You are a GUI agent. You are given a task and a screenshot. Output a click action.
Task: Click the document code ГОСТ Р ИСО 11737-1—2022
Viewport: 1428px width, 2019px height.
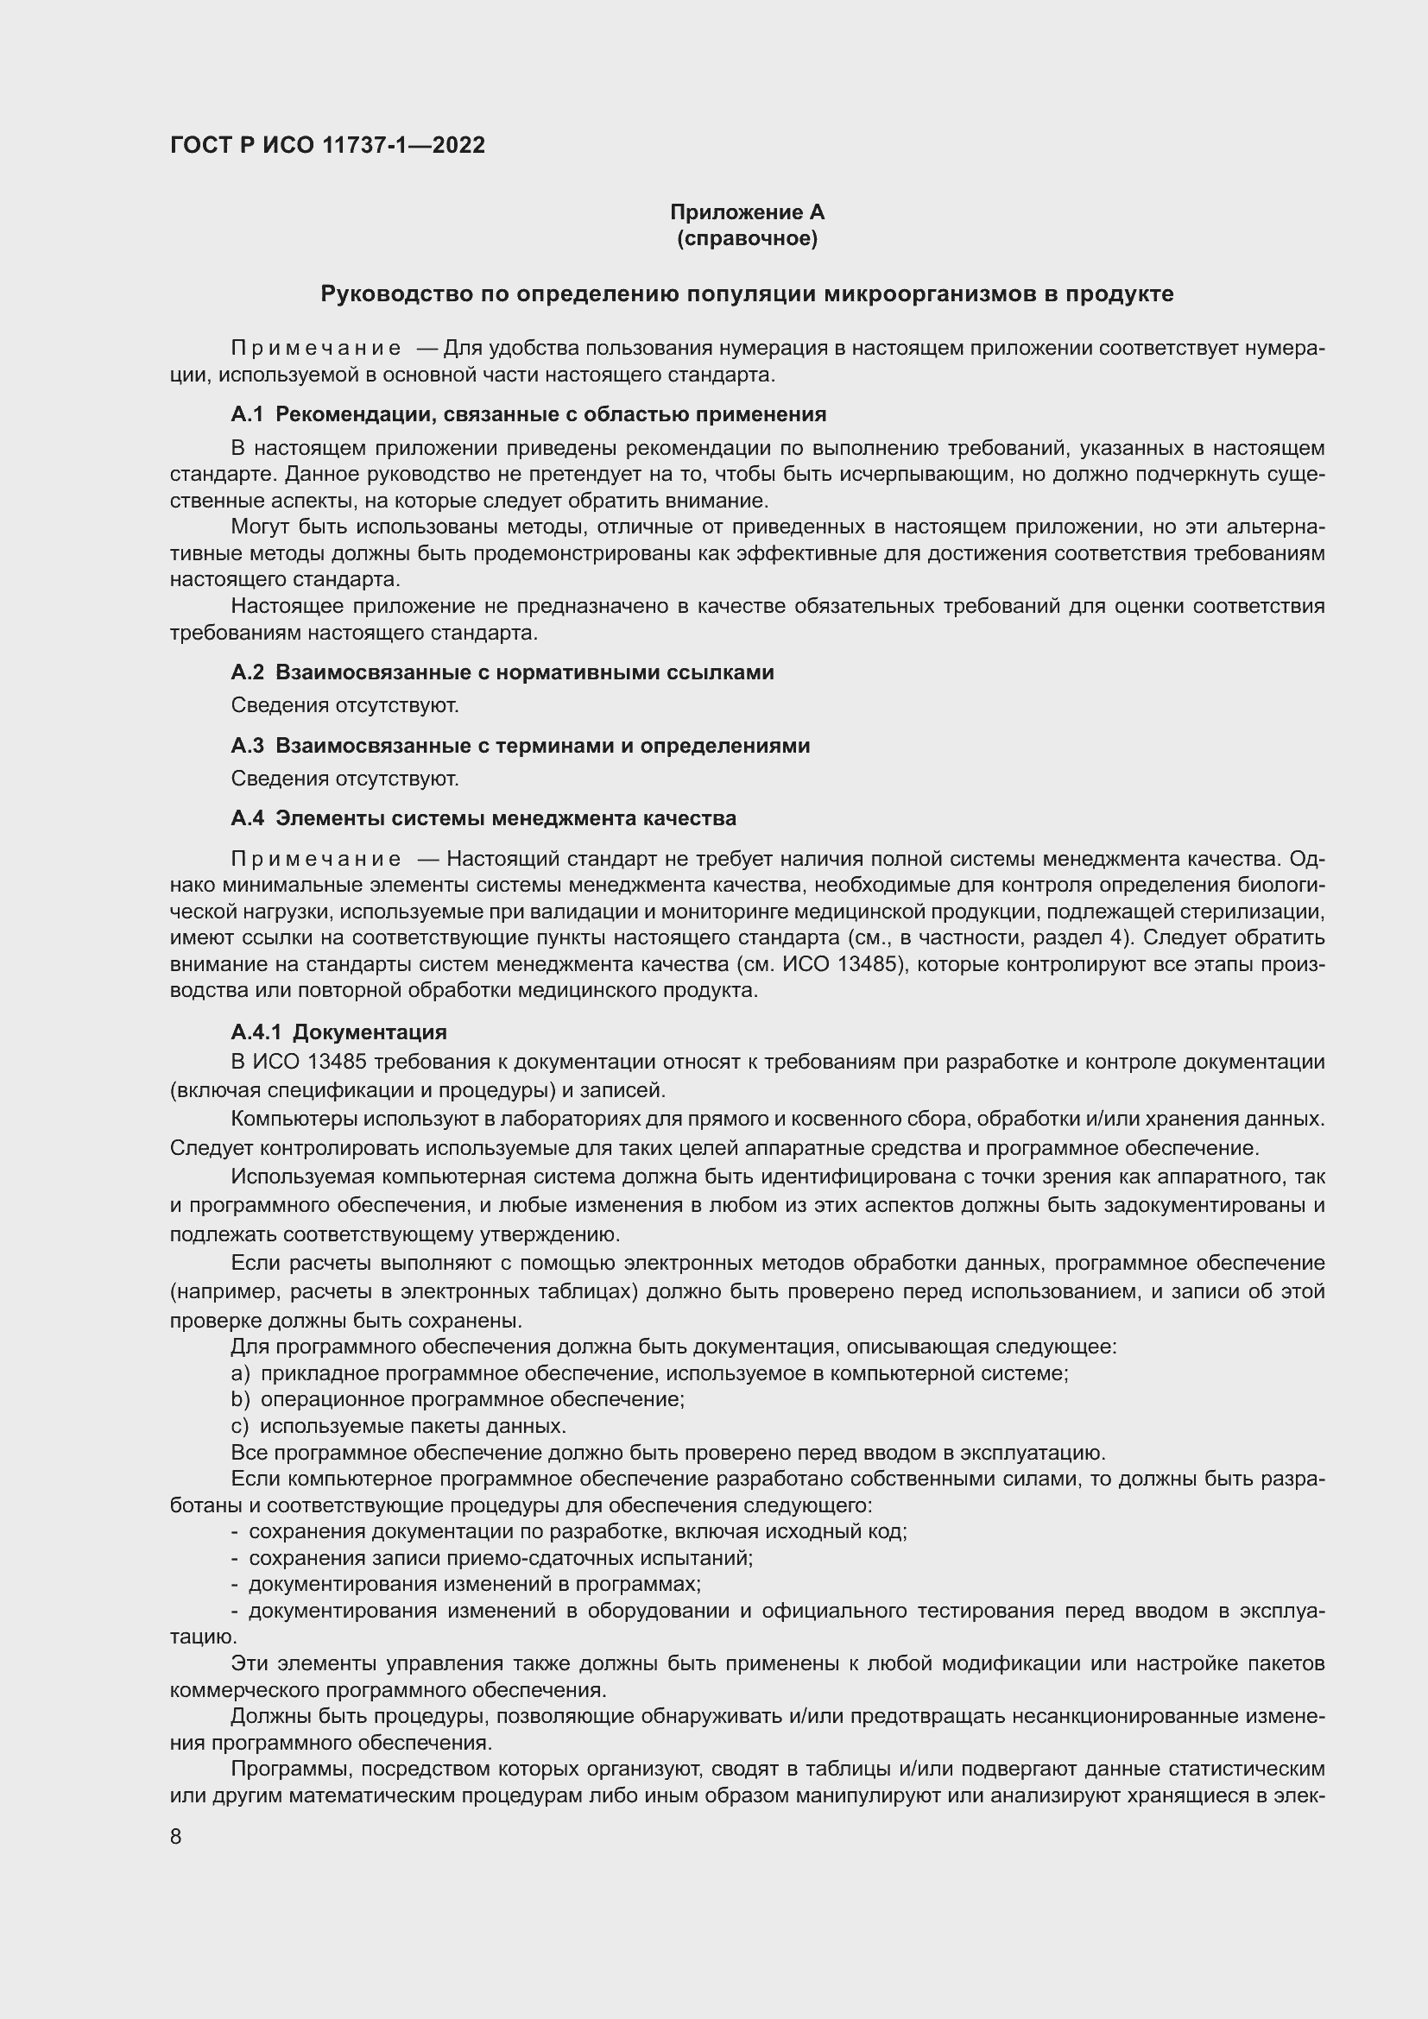click(x=327, y=146)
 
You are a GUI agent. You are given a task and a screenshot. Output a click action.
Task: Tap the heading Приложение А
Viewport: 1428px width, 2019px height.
click(x=747, y=212)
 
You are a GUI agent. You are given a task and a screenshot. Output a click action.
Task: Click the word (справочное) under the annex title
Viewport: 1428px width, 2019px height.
click(x=747, y=238)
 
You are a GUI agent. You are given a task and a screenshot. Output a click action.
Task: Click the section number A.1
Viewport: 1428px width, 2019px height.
click(x=247, y=414)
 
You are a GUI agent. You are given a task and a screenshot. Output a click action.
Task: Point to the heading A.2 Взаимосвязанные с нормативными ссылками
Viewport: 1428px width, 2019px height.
click(x=502, y=672)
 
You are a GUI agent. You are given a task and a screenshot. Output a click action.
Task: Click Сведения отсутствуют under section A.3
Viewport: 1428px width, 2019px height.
click(x=344, y=779)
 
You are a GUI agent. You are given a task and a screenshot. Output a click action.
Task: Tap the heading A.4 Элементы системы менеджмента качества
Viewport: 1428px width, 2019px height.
click(x=483, y=818)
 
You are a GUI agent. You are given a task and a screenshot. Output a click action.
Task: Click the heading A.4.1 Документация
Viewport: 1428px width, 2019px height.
click(x=338, y=1032)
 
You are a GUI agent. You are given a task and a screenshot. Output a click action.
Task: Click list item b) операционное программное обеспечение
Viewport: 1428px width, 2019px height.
click(x=458, y=1399)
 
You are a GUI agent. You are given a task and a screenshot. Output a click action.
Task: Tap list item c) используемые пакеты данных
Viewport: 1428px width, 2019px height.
click(x=398, y=1425)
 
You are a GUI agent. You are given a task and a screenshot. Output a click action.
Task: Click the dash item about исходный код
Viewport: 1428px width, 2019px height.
click(x=569, y=1532)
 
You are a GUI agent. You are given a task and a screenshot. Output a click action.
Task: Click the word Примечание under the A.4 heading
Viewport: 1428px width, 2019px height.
click(x=317, y=859)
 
